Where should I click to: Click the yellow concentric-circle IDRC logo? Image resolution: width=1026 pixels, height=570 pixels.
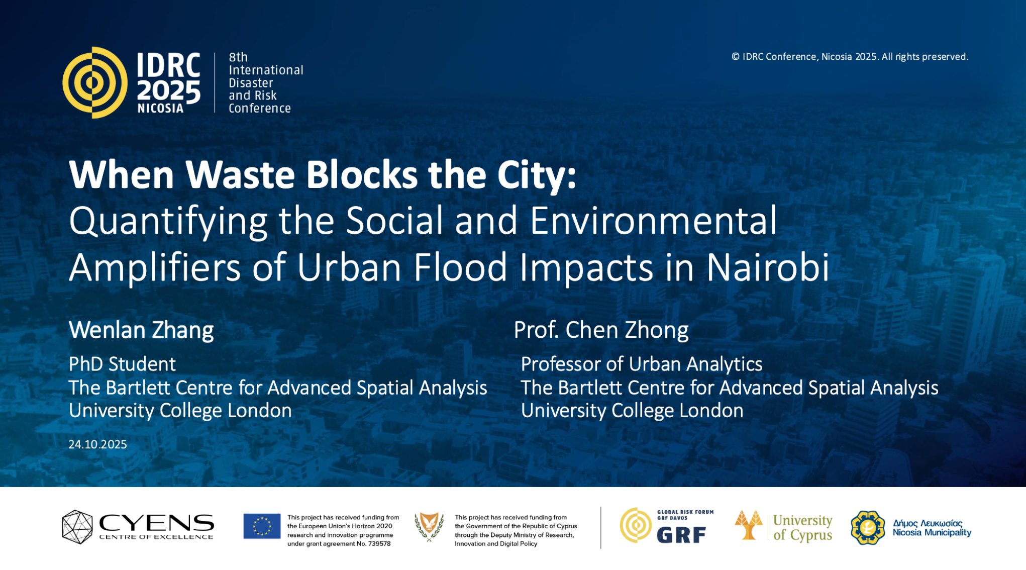coord(94,82)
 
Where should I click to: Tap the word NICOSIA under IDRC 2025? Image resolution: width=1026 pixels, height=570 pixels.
coord(160,108)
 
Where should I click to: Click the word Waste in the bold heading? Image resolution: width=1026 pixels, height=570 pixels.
coord(240,175)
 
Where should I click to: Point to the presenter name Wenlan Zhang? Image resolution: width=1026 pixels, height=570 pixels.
coord(141,330)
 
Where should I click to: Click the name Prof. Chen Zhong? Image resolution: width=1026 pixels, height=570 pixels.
coord(601,330)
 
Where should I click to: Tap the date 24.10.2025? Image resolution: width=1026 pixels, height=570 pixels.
coord(97,444)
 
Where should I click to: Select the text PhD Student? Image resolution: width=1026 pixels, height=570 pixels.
coord(122,364)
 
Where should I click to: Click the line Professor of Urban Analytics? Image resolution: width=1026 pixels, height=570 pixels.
coord(642,364)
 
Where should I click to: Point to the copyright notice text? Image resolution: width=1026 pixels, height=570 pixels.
coord(850,57)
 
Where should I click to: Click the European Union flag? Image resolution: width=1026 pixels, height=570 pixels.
coord(262,526)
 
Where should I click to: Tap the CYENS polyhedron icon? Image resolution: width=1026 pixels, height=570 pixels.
coord(77,527)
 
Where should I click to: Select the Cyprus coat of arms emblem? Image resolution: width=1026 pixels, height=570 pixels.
coord(429,527)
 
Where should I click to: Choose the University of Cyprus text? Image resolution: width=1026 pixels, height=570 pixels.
coord(802,527)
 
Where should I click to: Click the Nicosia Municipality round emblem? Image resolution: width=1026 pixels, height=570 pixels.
coord(868,528)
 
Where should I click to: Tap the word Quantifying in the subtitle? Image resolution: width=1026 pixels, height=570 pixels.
coord(168,221)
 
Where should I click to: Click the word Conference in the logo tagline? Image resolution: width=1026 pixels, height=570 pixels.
coord(260,109)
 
